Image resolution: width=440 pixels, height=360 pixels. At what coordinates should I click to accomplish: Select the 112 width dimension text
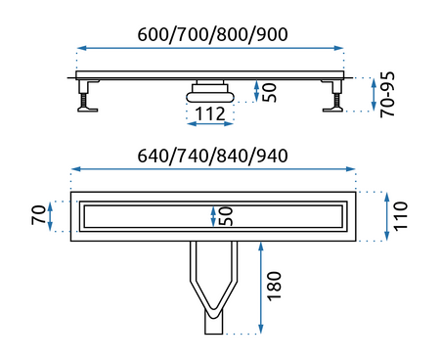tap(209, 114)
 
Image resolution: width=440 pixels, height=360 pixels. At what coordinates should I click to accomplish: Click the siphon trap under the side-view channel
tap(209, 91)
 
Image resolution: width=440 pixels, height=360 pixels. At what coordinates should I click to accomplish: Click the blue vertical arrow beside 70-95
tap(375, 93)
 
